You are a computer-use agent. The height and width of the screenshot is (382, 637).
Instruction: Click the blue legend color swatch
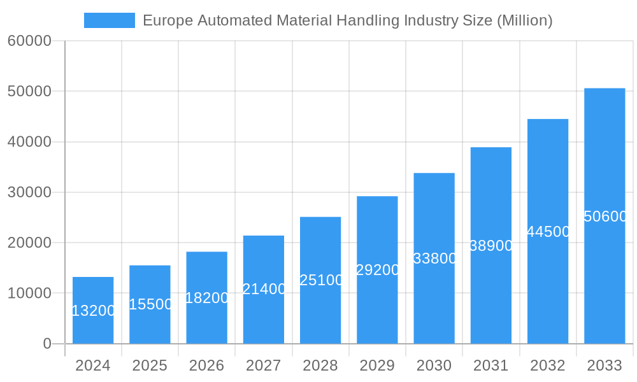(x=110, y=20)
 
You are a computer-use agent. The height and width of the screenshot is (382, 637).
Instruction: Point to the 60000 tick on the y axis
(x=29, y=41)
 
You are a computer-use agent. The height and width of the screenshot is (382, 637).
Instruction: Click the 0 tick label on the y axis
(x=47, y=344)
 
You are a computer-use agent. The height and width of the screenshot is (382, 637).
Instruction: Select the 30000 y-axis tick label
(x=29, y=192)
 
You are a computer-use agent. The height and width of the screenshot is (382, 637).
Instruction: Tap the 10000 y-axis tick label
(x=29, y=294)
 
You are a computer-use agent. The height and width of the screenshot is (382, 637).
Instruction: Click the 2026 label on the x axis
(x=206, y=365)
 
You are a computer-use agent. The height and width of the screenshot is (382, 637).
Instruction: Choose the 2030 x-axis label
(x=434, y=365)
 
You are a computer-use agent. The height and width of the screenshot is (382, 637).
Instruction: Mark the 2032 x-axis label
(x=548, y=365)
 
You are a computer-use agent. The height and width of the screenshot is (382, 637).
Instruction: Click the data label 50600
(x=605, y=216)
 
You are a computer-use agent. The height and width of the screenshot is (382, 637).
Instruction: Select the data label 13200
(x=93, y=311)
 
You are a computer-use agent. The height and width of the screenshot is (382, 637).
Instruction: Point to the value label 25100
(x=320, y=280)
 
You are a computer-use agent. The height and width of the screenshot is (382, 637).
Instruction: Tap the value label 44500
(x=548, y=232)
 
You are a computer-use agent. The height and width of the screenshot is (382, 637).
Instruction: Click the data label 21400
(x=264, y=289)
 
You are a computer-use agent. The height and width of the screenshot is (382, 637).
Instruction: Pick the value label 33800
(x=434, y=258)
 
